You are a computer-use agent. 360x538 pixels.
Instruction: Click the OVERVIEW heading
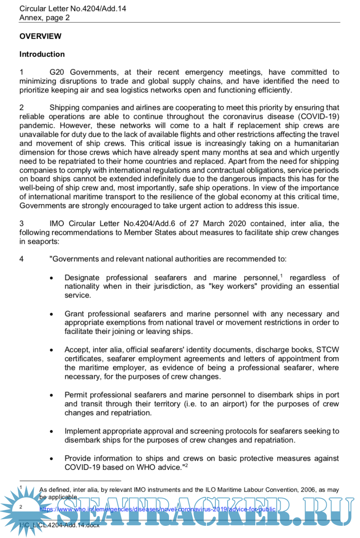coord(40,36)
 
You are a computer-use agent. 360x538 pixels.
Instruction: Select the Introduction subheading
coord(42,54)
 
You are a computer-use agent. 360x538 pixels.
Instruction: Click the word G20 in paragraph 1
coord(58,72)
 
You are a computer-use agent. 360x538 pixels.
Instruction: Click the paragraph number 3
coord(22,224)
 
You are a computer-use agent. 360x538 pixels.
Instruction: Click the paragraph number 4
coord(22,259)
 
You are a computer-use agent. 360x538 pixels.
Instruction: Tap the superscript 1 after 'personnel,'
coord(281,276)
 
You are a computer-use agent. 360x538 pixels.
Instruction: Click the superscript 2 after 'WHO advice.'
coord(187,466)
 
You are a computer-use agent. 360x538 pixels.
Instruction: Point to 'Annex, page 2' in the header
coord(44,17)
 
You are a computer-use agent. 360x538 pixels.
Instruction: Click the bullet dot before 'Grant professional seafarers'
coord(51,315)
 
